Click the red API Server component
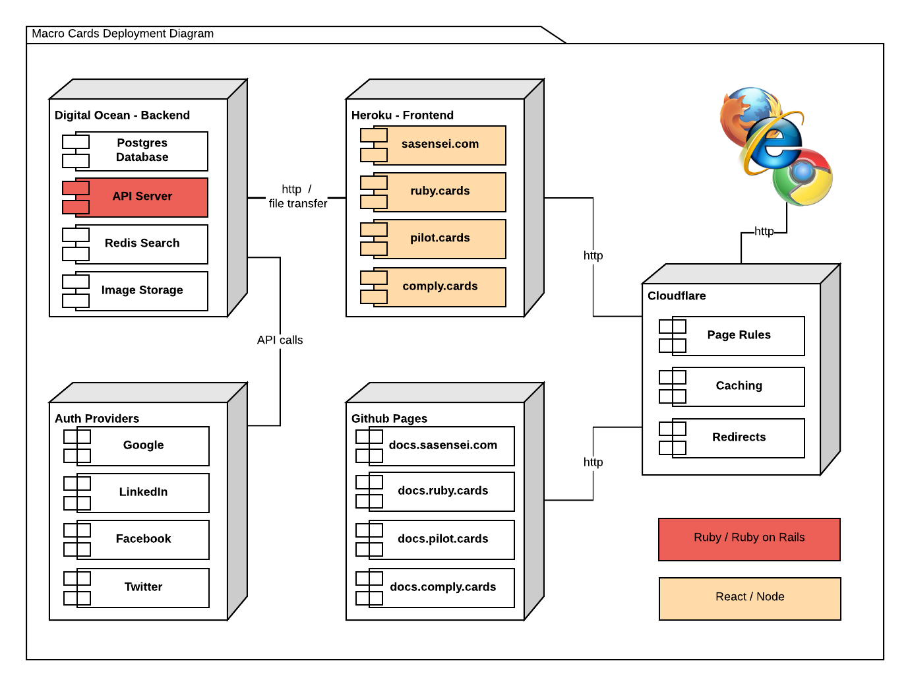(142, 197)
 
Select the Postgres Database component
(142, 150)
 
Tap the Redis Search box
(142, 243)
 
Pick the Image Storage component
(142, 290)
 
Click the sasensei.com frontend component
(440, 144)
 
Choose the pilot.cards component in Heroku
(440, 238)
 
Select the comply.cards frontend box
(440, 286)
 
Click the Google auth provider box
(143, 445)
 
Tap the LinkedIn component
(143, 492)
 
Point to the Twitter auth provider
(143, 587)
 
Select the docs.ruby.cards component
(442, 491)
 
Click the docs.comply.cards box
(442, 587)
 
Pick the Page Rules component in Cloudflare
(739, 335)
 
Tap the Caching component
(739, 386)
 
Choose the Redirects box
(739, 437)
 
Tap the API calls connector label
(280, 340)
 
